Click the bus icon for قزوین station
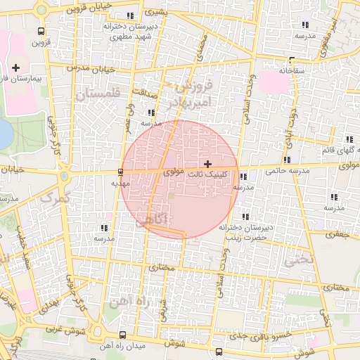click(41, 32)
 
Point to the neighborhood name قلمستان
click(98, 94)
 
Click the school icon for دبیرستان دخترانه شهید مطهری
click(129, 15)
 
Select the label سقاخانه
click(291, 70)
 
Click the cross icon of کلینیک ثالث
click(207, 163)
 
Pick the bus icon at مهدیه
click(121, 172)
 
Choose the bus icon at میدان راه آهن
click(124, 334)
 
